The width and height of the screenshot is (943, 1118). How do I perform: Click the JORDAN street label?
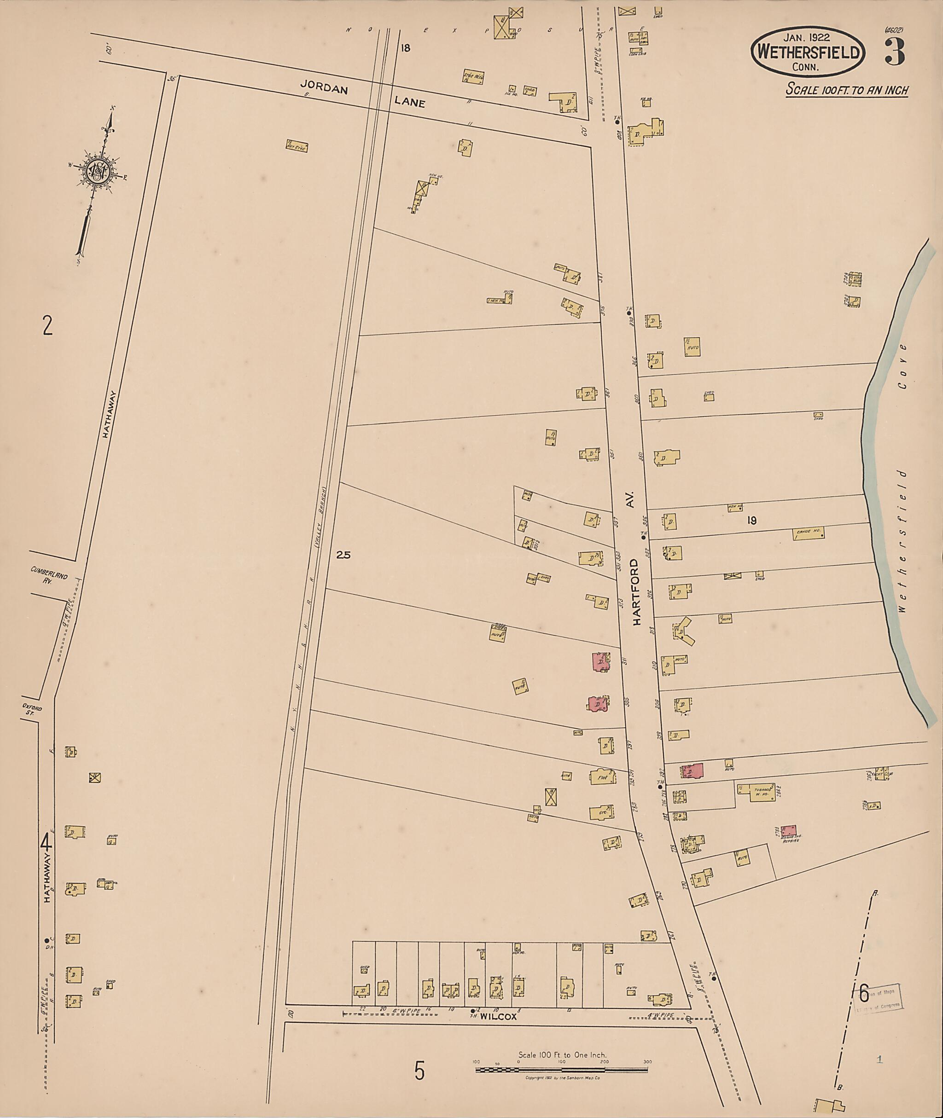tap(324, 87)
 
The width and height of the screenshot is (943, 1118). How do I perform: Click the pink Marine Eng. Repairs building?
tap(788, 831)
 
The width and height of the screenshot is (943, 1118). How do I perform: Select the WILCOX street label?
tap(498, 1017)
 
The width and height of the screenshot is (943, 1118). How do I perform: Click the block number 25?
tap(343, 555)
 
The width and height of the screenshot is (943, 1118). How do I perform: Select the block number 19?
tap(751, 521)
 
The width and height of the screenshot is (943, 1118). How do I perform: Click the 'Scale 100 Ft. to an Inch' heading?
tap(847, 90)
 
